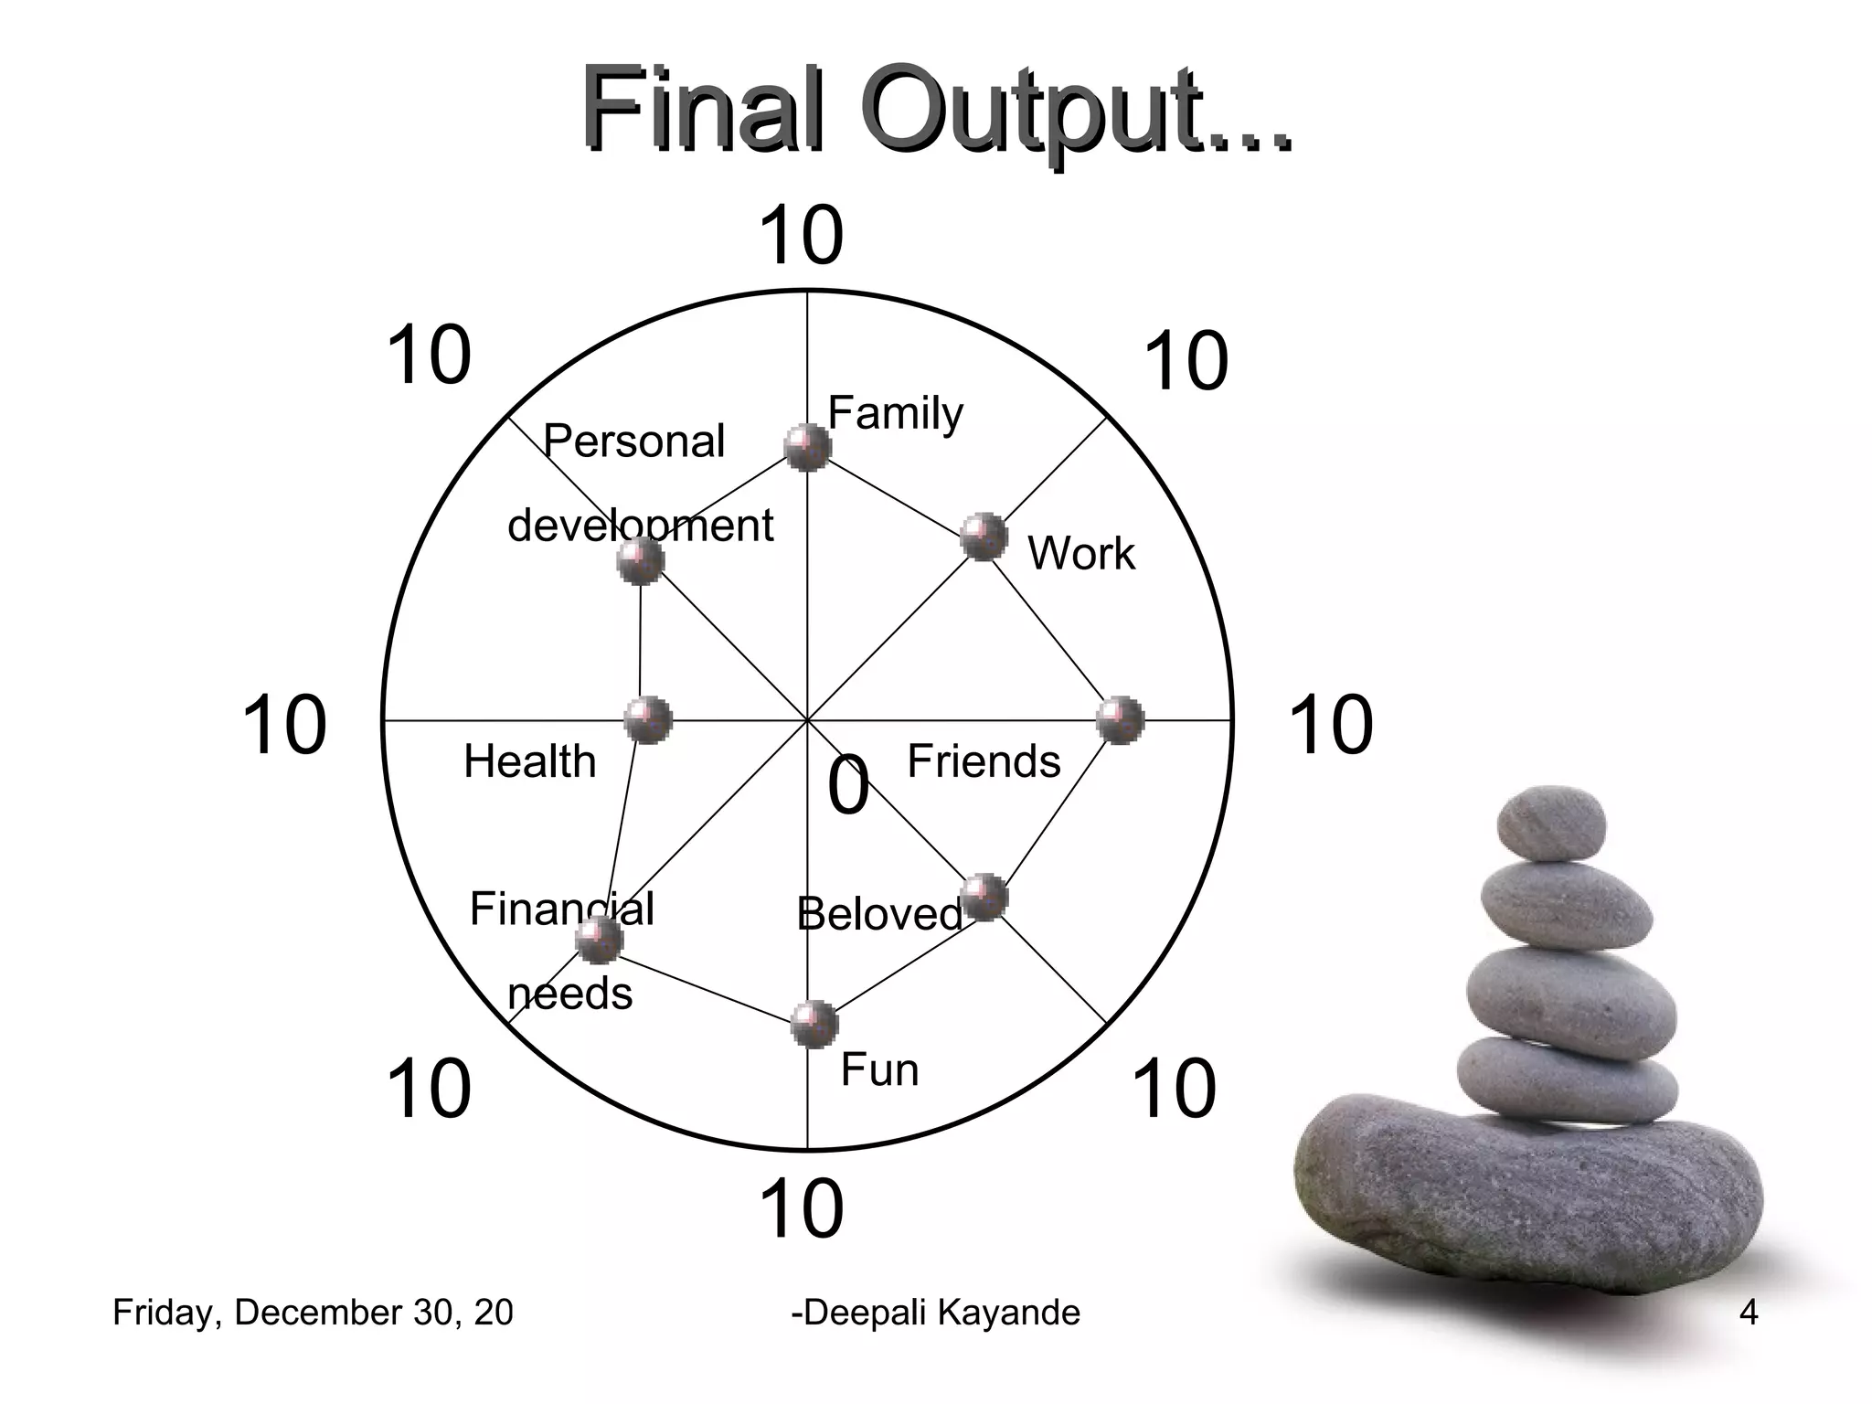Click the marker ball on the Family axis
pos(808,447)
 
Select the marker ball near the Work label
pos(984,537)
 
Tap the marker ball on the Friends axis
pos(1120,719)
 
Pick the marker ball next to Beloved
pos(984,897)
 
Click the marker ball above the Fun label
pos(814,1024)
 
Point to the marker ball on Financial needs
pos(600,940)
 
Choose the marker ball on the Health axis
pos(648,719)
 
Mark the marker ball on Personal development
pos(640,560)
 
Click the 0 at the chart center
pos(848,786)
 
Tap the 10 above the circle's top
pos(801,236)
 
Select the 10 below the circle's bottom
pos(801,1209)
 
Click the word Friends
pos(984,761)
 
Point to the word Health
pos(529,761)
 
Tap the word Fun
pos(879,1069)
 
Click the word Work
pos(1081,553)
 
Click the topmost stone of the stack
pos(1550,823)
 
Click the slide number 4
pos(1749,1313)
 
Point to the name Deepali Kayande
pos(935,1313)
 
